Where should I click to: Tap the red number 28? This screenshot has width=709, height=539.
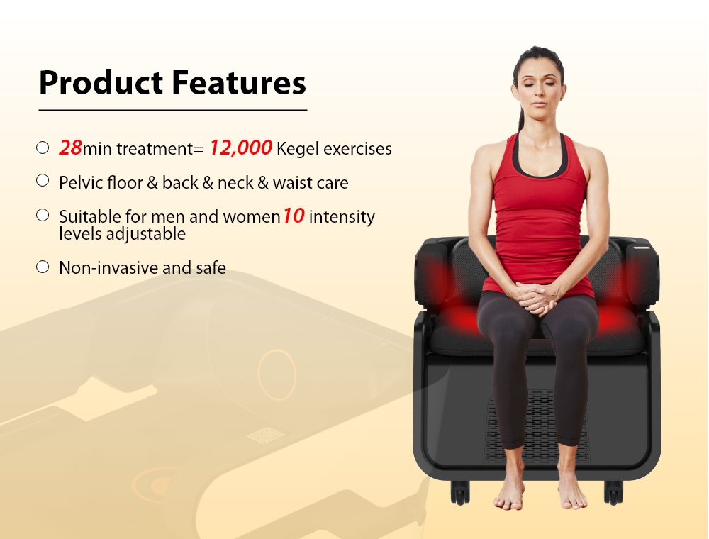pos(70,148)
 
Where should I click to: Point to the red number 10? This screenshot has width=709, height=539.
pos(294,216)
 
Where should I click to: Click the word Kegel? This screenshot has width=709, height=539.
pos(297,149)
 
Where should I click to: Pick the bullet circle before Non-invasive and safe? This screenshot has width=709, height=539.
pos(43,267)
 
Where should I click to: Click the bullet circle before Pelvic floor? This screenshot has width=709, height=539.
pos(43,181)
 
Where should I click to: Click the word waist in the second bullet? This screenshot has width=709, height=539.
pos(293,182)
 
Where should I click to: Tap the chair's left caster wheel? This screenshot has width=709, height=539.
pos(460,491)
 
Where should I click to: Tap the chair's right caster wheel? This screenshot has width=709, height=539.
pos(613,491)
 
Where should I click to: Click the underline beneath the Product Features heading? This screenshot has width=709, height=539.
pos(172,110)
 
